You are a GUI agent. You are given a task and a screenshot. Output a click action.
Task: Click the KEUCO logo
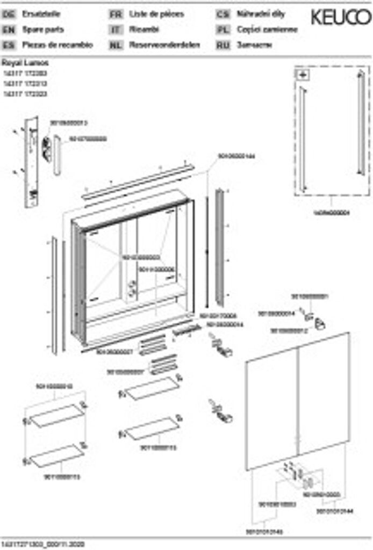point(341,18)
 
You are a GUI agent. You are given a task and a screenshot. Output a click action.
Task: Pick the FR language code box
point(115,15)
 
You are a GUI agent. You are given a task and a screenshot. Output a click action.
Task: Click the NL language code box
point(115,45)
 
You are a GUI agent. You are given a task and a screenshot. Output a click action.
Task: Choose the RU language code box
point(223,45)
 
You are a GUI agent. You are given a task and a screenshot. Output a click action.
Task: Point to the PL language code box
point(223,30)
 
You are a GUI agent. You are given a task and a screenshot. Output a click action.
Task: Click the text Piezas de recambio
point(58,45)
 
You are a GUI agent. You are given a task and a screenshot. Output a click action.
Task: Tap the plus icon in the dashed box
point(302,75)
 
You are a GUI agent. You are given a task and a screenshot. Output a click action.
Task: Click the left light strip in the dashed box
point(304,140)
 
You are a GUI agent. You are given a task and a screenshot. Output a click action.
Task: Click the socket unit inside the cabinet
point(131,291)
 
